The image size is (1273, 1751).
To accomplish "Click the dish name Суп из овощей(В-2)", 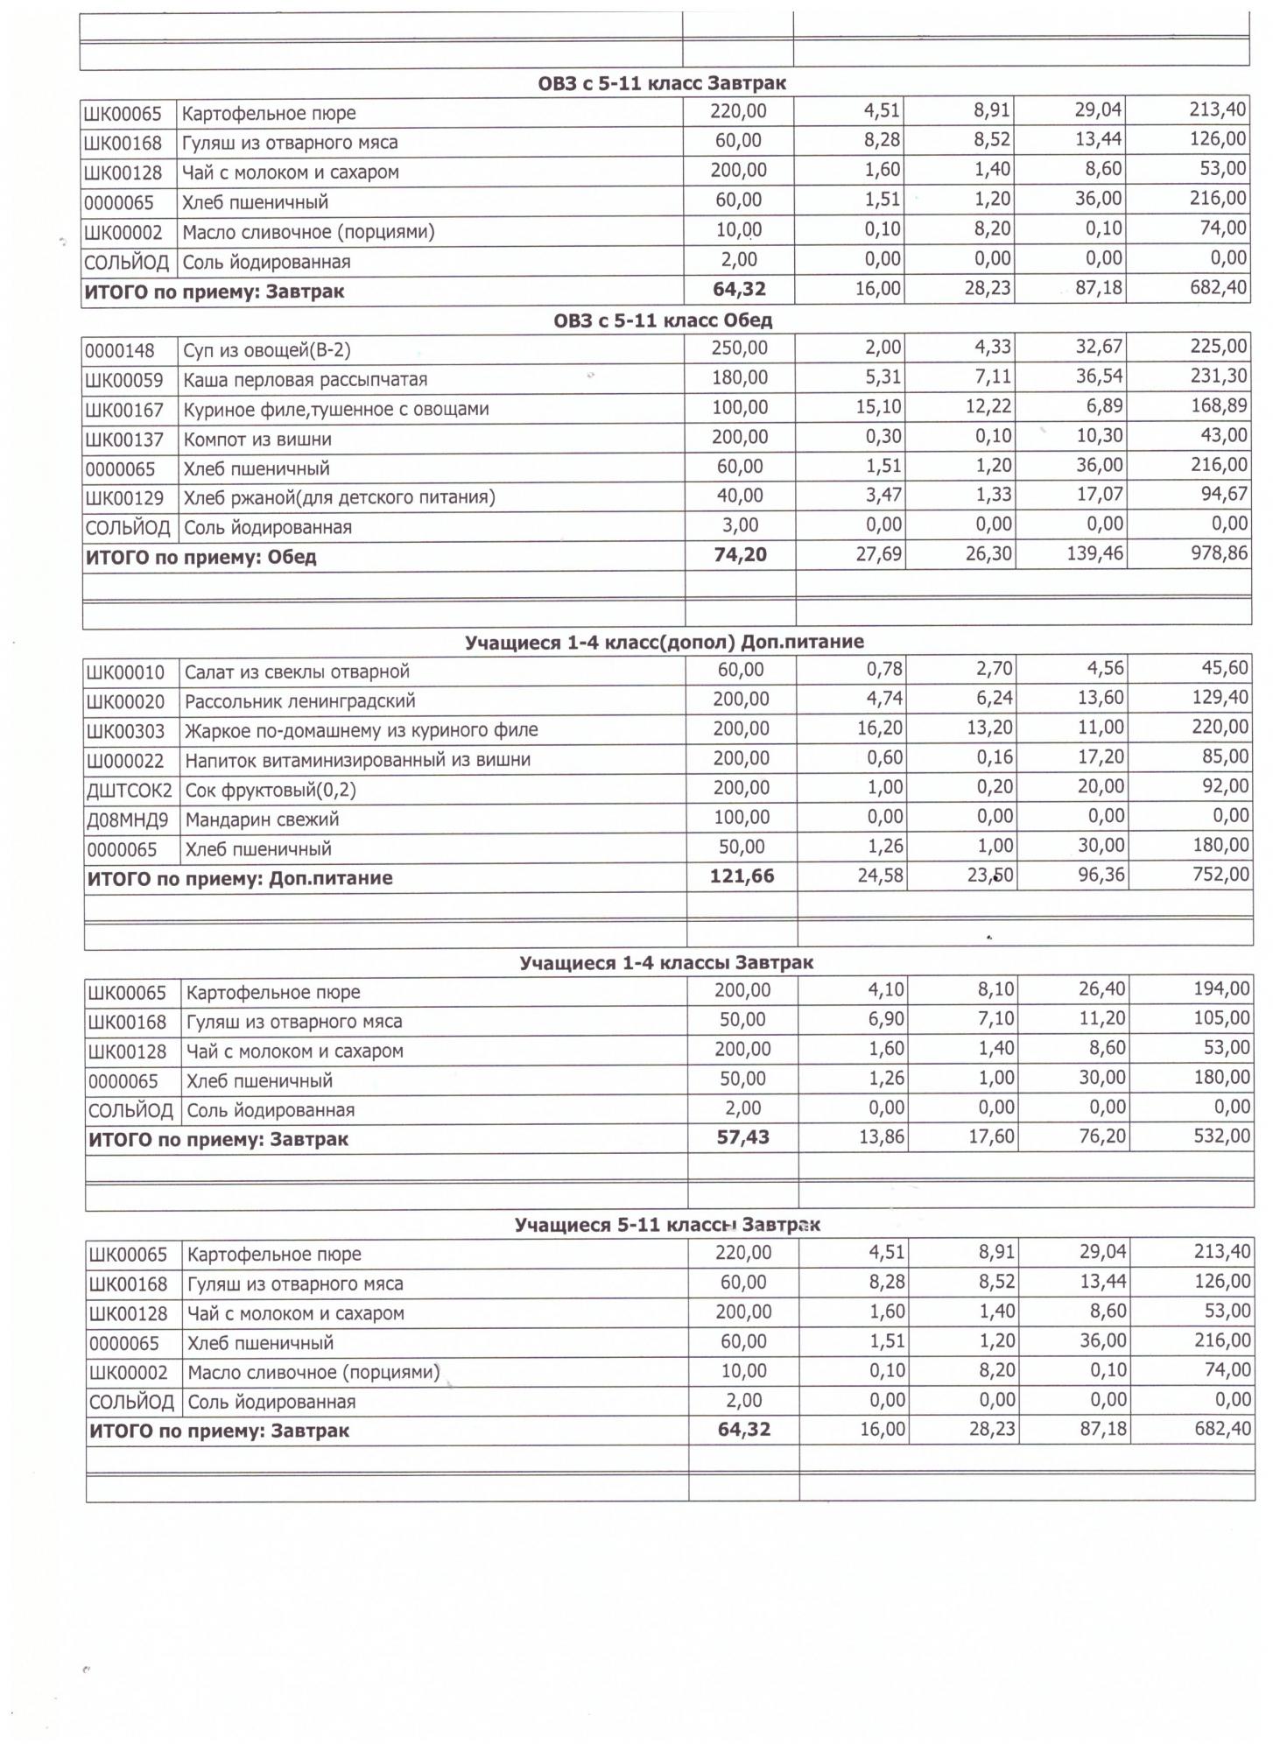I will click(x=266, y=351).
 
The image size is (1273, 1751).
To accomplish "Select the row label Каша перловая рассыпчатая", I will click(x=305, y=380).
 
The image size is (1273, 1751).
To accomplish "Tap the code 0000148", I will click(x=120, y=351).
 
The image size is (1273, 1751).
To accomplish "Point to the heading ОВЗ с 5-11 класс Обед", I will click(x=662, y=320).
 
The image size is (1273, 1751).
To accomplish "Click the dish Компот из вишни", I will click(x=257, y=440).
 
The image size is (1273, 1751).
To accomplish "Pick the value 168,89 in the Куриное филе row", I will click(x=1219, y=407).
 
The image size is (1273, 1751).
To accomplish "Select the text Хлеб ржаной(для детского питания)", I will click(x=339, y=498).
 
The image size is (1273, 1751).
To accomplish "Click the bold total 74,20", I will click(x=740, y=555).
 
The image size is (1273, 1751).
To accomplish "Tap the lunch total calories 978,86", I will click(x=1219, y=554).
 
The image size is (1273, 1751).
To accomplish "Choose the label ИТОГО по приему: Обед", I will click(x=200, y=557).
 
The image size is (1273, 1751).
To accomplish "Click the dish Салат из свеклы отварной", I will click(x=297, y=672).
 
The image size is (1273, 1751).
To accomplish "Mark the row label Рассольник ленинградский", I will click(x=299, y=701).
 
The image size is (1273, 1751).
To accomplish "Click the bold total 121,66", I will click(x=742, y=876).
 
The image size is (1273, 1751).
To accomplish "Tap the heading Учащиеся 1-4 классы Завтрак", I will click(x=665, y=963).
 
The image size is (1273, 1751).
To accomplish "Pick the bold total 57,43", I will click(x=742, y=1137).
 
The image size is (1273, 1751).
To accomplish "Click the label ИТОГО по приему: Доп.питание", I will click(x=239, y=878).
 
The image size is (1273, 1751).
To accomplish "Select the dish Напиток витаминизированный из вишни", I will click(x=357, y=760).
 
